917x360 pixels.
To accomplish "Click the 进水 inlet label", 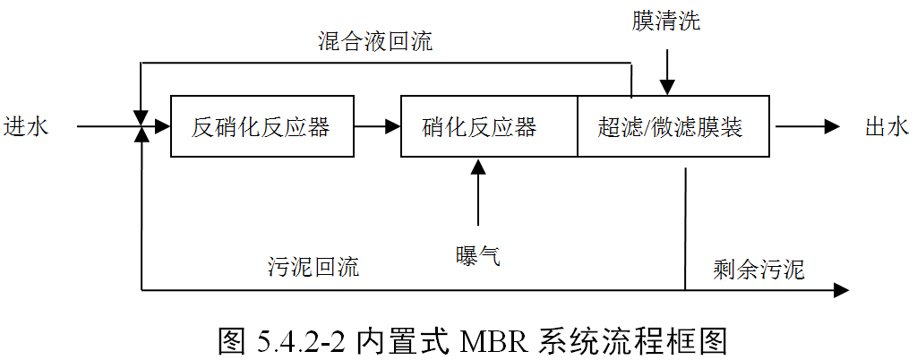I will (25, 127).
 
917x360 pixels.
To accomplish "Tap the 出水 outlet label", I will (887, 127).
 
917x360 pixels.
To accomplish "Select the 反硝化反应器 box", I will (261, 127).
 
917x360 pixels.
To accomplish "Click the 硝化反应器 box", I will (480, 127).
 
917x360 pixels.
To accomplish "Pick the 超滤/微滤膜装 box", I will (671, 127).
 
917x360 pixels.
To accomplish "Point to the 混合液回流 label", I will (375, 42).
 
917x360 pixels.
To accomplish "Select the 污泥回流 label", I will (313, 267).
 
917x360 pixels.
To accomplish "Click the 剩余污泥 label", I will (759, 269).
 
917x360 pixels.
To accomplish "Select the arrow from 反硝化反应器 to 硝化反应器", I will (377, 127).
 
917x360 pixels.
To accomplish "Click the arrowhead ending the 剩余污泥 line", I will (841, 290).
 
